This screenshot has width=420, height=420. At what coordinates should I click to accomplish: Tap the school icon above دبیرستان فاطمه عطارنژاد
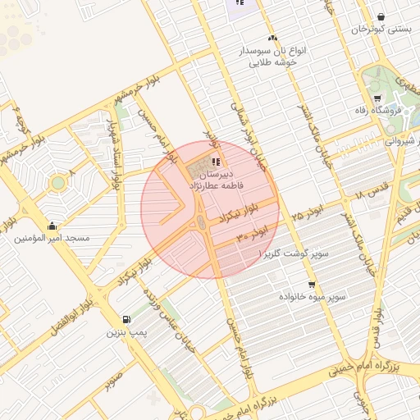click(217, 161)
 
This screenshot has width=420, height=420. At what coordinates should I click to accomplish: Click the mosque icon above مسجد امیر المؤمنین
click(52, 226)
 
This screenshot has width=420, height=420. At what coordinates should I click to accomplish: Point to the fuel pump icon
click(126, 320)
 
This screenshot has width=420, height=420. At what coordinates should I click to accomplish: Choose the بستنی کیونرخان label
click(380, 30)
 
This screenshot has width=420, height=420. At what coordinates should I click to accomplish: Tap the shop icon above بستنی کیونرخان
click(381, 16)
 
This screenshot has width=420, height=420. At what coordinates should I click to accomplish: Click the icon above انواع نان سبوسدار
click(272, 38)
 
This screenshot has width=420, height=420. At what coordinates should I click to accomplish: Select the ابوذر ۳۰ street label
click(253, 235)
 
